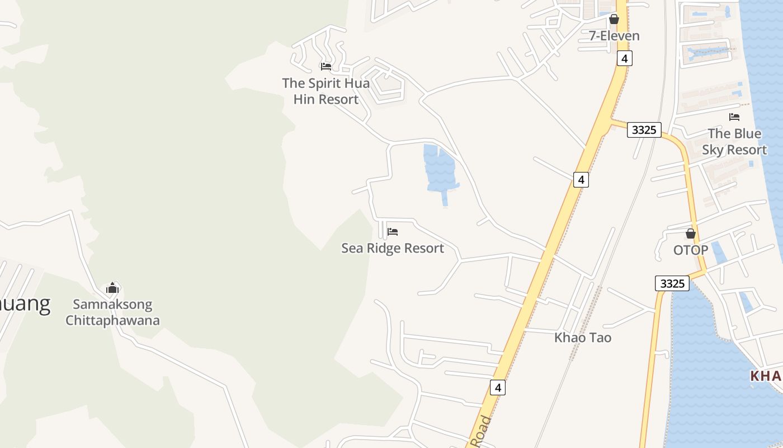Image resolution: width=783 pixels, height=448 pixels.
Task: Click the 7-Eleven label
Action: (614, 36)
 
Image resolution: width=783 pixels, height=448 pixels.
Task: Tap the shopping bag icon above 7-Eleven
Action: (614, 19)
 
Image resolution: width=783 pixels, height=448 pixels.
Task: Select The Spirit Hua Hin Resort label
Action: (326, 91)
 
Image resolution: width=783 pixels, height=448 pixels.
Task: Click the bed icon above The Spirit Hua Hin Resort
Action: (326, 66)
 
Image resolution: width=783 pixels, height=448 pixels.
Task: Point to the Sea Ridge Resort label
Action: (393, 248)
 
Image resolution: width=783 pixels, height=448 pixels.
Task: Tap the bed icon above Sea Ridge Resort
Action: (393, 231)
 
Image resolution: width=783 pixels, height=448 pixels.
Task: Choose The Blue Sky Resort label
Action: (734, 142)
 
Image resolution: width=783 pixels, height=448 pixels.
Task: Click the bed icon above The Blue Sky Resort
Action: (734, 116)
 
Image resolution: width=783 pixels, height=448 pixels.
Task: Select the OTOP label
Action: (691, 250)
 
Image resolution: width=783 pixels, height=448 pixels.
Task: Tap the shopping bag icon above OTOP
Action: (691, 234)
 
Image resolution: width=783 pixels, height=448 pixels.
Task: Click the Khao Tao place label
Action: (583, 338)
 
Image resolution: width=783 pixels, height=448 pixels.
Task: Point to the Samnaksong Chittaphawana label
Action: (112, 312)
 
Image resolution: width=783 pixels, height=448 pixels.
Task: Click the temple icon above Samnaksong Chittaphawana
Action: (112, 288)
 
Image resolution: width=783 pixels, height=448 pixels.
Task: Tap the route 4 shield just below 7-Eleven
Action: (625, 58)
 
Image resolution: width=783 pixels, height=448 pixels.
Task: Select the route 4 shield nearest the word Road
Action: (498, 387)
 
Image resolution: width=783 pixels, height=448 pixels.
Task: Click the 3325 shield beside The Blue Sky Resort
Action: (644, 130)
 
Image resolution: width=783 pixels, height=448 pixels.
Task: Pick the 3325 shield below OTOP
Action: (672, 283)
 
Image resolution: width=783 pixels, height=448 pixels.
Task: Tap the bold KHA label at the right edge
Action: (766, 376)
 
